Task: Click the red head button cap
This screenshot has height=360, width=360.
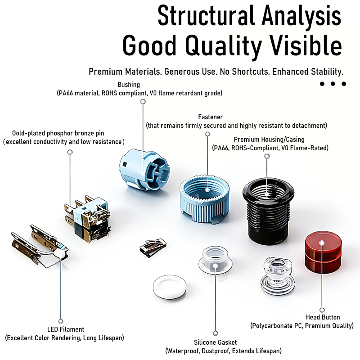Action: click(x=323, y=253)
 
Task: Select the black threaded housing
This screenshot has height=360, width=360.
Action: click(x=268, y=211)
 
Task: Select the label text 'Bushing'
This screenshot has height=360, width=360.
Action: click(x=129, y=85)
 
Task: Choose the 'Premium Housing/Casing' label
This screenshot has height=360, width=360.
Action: click(x=269, y=139)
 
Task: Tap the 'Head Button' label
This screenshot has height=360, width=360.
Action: click(x=323, y=317)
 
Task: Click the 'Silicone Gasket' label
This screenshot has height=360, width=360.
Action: click(x=216, y=342)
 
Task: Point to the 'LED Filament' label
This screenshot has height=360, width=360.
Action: click(x=66, y=329)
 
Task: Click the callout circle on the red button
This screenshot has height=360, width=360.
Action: click(x=322, y=243)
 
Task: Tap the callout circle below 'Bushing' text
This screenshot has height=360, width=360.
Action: click(x=143, y=102)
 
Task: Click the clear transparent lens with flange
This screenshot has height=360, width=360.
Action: click(x=275, y=274)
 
